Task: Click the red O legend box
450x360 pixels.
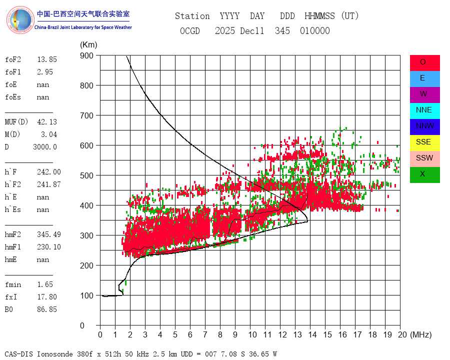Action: [x=424, y=62]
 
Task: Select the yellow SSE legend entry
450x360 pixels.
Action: [x=424, y=142]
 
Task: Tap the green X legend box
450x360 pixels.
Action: [x=424, y=174]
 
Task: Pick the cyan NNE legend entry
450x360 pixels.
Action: [x=424, y=110]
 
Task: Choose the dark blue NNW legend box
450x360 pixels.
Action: [x=424, y=126]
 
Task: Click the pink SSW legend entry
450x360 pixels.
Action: [x=424, y=158]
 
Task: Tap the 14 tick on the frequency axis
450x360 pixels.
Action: [x=310, y=334]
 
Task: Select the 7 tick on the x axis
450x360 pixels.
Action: [x=205, y=334]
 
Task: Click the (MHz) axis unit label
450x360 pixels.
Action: [x=420, y=334]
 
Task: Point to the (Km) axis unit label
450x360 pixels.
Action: [x=88, y=45]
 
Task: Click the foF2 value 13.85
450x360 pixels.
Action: [x=47, y=59]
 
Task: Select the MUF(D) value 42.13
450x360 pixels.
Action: [x=47, y=122]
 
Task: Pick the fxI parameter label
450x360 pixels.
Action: [x=12, y=297]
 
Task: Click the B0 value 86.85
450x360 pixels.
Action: [x=47, y=309]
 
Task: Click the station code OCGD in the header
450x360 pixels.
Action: [x=190, y=31]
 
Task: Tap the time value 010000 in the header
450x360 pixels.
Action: [x=315, y=31]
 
